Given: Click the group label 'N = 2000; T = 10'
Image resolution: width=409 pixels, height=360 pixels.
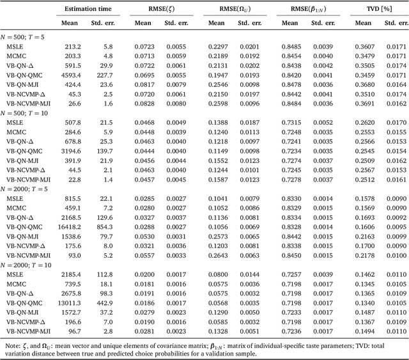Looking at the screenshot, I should tap(30, 265).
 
